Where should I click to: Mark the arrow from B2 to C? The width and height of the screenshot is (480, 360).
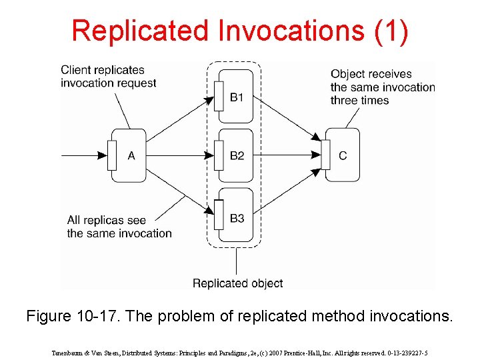click(287, 155)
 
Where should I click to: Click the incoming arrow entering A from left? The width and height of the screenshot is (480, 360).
click(83, 155)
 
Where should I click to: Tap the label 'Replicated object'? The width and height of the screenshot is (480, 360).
click(237, 283)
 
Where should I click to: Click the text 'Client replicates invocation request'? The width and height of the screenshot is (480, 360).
click(108, 76)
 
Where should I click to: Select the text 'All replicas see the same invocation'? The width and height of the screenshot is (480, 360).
click(119, 227)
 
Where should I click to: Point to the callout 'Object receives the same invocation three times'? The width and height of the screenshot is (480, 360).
click(382, 87)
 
